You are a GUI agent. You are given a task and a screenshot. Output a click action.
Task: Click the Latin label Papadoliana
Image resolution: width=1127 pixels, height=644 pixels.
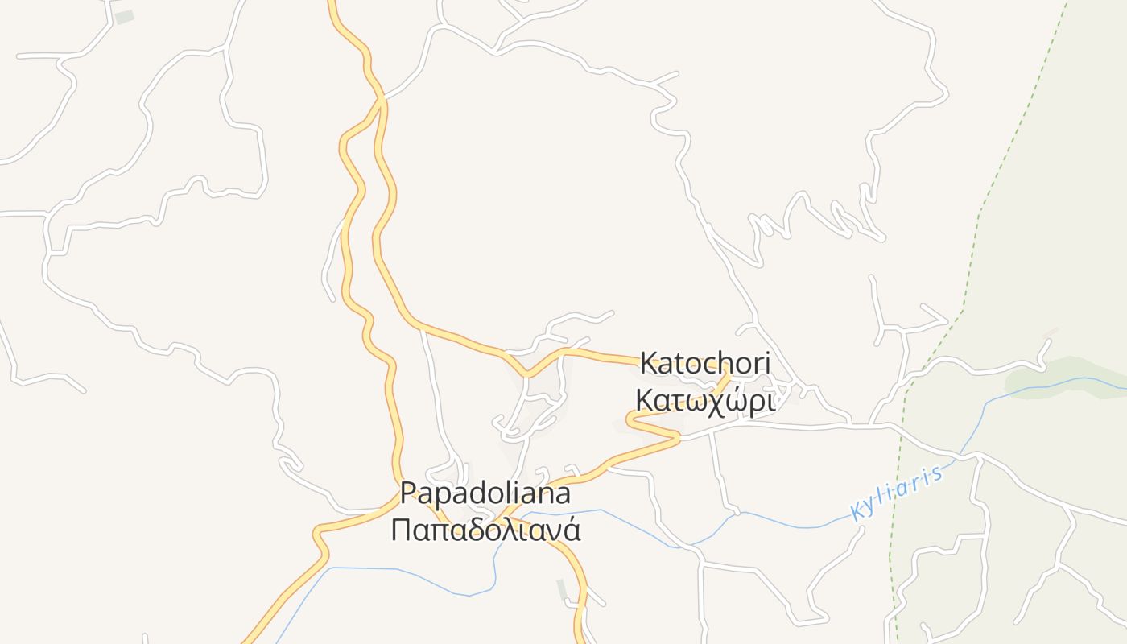pyautogui.click(x=485, y=493)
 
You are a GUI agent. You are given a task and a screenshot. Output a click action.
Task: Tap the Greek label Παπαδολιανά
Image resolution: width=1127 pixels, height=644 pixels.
pyautogui.click(x=485, y=530)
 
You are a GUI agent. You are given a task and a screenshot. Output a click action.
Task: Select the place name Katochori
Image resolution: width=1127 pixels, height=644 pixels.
pyautogui.click(x=705, y=363)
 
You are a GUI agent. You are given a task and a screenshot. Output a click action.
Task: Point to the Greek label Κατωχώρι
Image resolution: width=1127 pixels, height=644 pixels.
pyautogui.click(x=705, y=400)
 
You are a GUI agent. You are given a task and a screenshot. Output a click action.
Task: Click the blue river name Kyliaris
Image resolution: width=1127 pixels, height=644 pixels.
pyautogui.click(x=895, y=493)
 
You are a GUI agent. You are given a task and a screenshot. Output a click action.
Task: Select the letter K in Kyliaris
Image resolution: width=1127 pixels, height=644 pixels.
pyautogui.click(x=857, y=512)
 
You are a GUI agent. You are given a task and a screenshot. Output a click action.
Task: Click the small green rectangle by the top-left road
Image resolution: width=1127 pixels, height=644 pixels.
pyautogui.click(x=124, y=16)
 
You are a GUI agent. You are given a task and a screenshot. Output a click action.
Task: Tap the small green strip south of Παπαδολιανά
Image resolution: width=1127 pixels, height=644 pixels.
pyautogui.click(x=562, y=589)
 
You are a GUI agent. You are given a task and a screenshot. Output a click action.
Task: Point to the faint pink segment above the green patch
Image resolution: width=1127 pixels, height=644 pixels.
pyautogui.click(x=1050, y=332)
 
